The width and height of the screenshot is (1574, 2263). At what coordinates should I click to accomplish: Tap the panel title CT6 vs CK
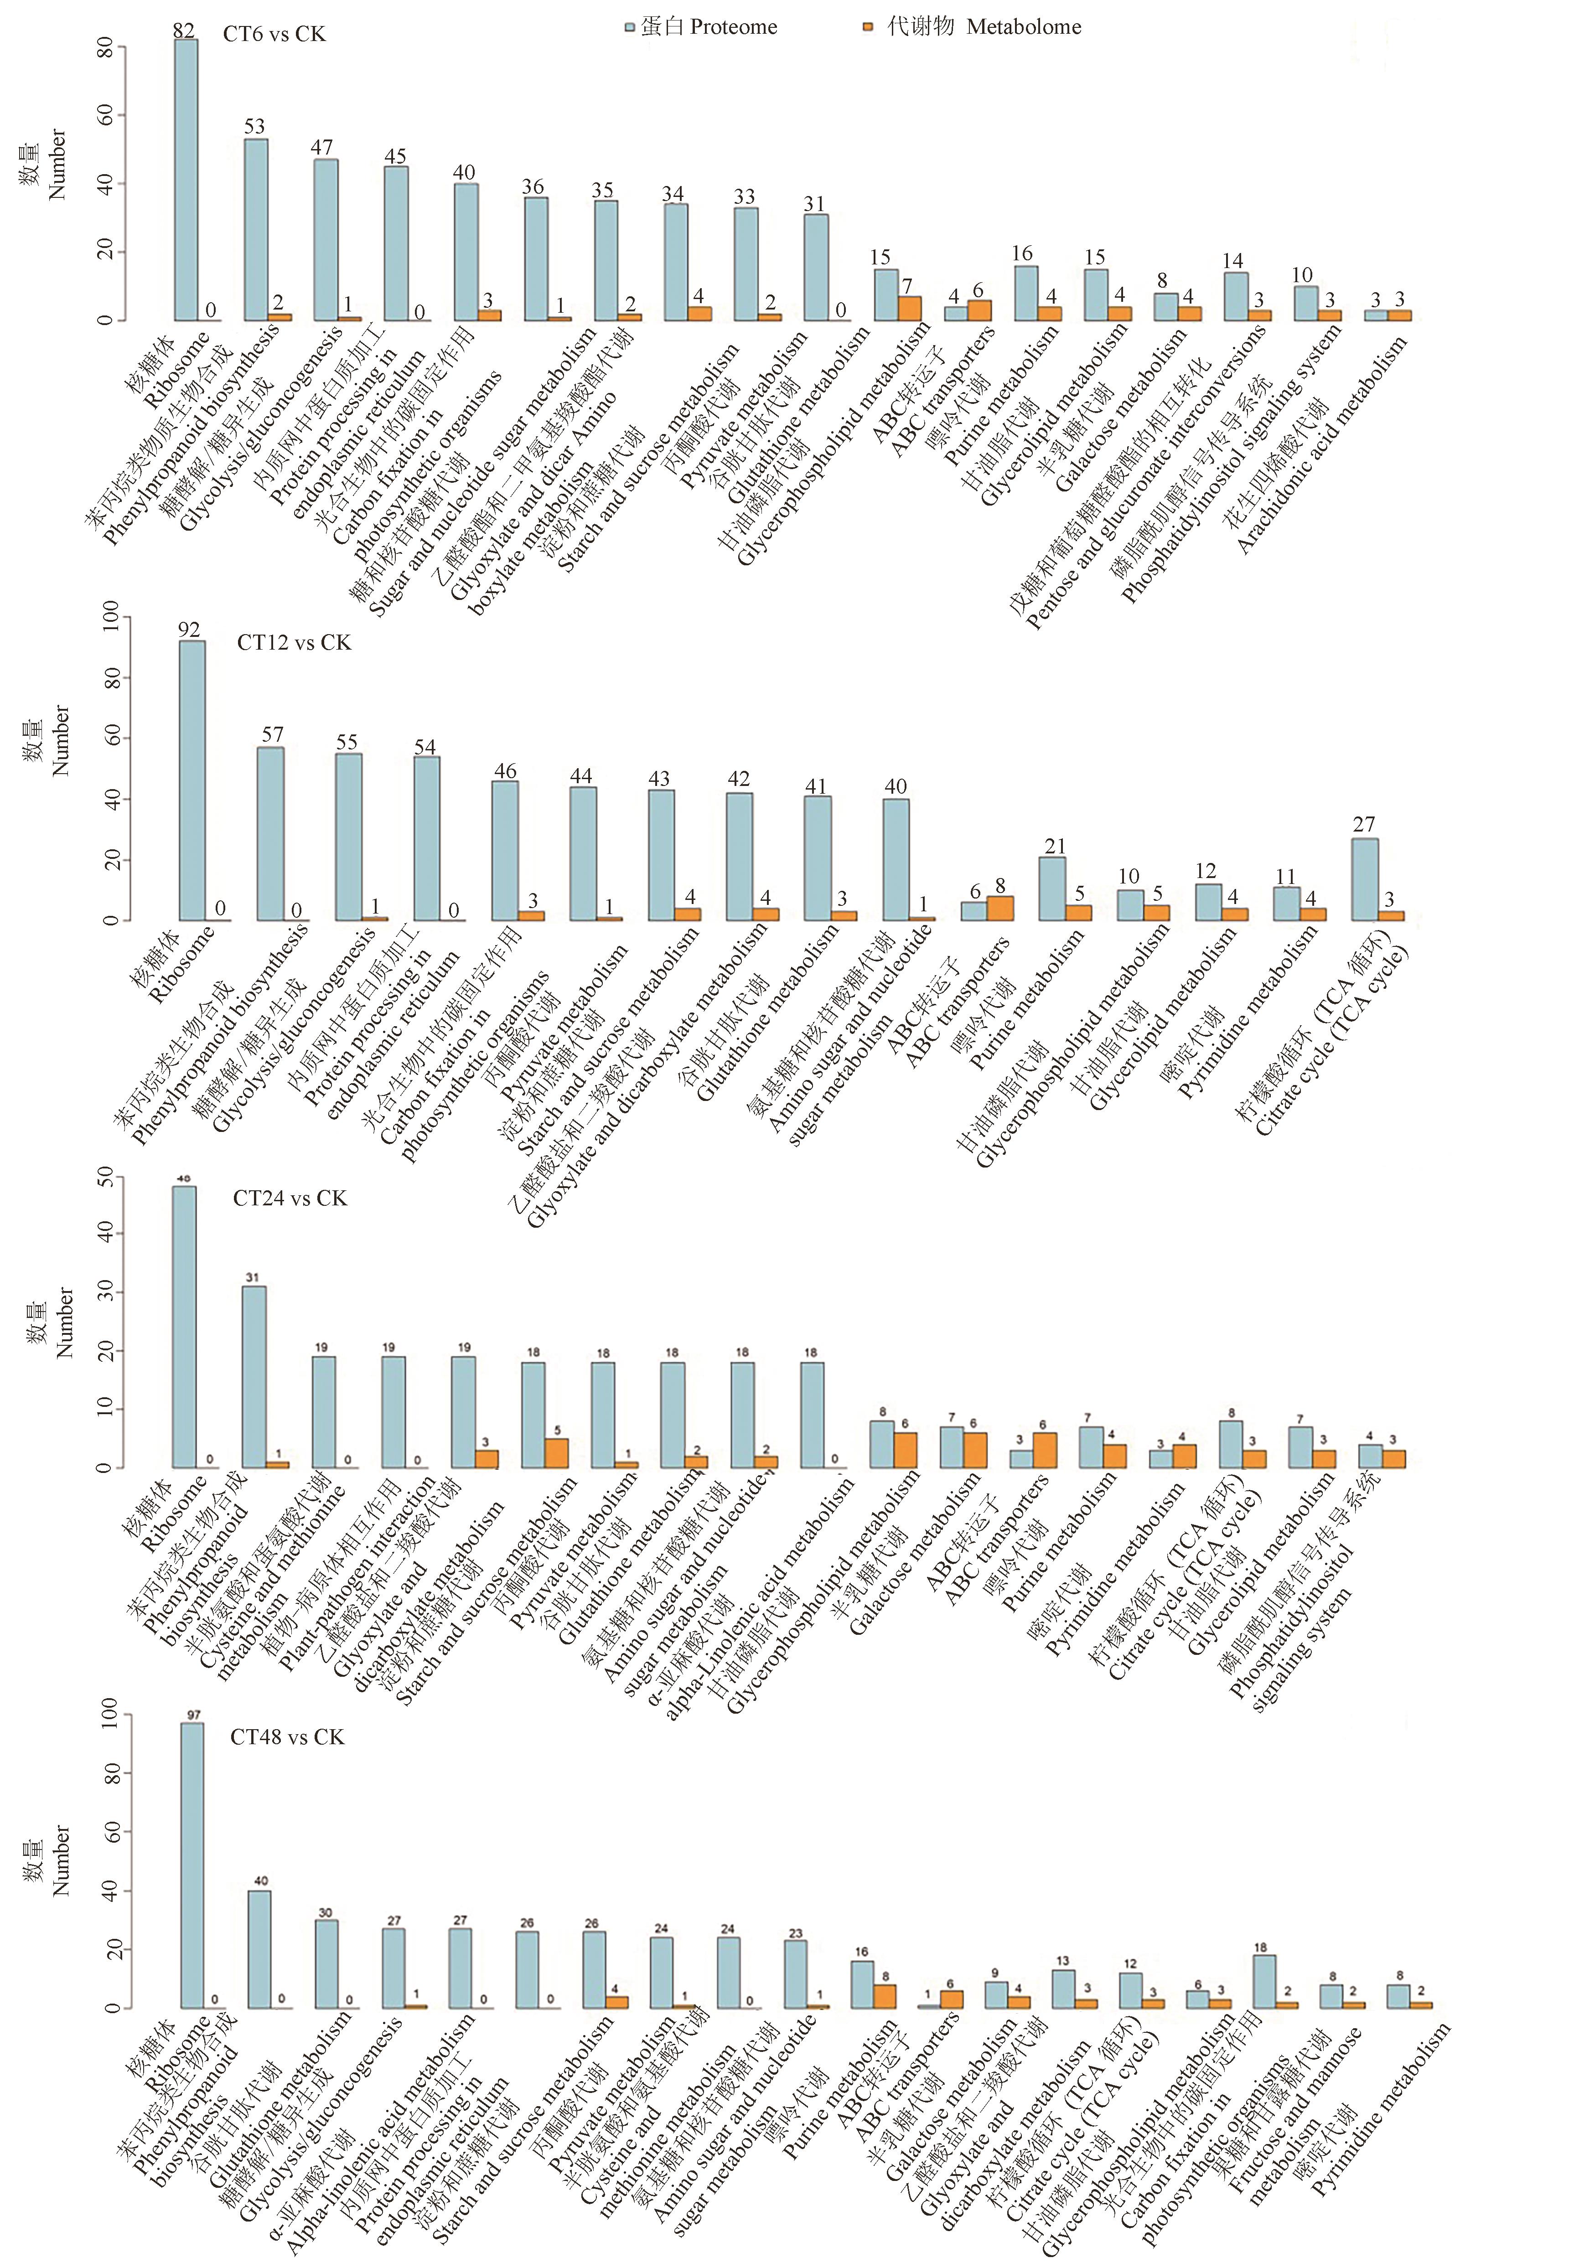click(x=274, y=35)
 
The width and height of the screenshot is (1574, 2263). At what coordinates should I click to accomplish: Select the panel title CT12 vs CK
click(x=294, y=643)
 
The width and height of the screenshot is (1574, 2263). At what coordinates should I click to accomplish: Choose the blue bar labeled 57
click(x=270, y=833)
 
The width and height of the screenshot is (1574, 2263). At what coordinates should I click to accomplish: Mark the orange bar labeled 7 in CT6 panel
click(x=910, y=309)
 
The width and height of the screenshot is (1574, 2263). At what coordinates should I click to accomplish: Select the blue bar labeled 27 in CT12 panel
click(x=1364, y=879)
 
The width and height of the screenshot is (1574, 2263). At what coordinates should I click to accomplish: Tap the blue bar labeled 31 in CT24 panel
click(x=254, y=1377)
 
